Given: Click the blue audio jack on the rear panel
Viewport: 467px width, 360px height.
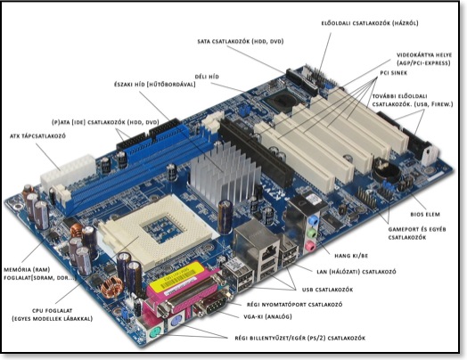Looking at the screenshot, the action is (x=313, y=221).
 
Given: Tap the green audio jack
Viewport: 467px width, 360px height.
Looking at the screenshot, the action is (x=312, y=233).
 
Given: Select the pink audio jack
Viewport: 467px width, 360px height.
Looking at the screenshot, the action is (x=310, y=245).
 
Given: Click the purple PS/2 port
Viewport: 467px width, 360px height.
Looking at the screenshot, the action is (x=175, y=322).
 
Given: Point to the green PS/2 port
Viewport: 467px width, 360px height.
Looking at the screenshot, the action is (x=155, y=332).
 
